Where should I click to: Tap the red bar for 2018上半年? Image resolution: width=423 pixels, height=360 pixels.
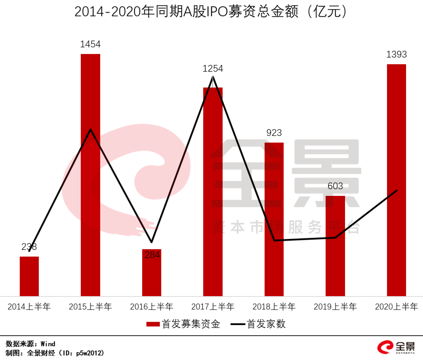(x=274, y=219)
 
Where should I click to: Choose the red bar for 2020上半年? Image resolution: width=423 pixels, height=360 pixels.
(x=396, y=180)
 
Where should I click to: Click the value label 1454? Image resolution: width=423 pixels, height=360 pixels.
(x=90, y=44)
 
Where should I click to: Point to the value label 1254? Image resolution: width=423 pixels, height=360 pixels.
(x=213, y=69)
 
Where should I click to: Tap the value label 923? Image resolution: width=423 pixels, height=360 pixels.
(x=274, y=133)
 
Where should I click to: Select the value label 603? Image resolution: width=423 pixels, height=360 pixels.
(x=335, y=186)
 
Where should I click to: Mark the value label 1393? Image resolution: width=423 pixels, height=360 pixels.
(x=396, y=54)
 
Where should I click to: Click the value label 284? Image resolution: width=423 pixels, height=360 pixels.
(x=152, y=255)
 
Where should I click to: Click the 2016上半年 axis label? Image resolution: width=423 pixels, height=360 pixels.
(x=152, y=307)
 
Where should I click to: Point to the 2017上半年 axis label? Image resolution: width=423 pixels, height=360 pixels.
(x=213, y=307)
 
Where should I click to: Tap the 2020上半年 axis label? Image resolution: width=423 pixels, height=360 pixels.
(x=396, y=307)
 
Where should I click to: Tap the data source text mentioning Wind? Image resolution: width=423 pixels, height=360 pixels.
(x=31, y=344)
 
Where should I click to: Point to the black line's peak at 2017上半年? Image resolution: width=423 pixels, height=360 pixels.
(x=213, y=77)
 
